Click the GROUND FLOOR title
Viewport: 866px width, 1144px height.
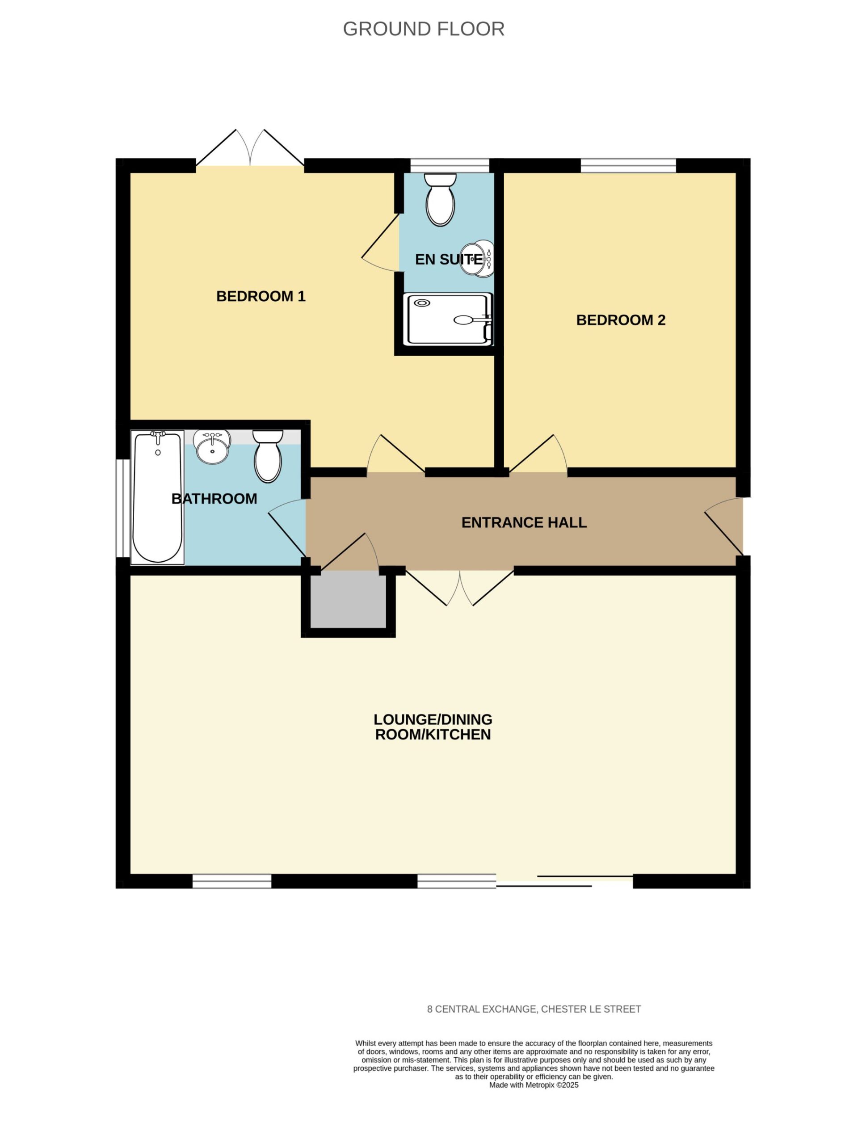(x=424, y=29)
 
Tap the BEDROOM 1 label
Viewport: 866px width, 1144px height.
(x=261, y=296)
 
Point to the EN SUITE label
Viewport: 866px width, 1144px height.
(x=449, y=259)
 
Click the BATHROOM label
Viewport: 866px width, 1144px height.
(x=214, y=499)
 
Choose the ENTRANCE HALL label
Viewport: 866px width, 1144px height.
(x=524, y=522)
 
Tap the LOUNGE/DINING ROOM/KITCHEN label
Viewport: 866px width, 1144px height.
(x=433, y=727)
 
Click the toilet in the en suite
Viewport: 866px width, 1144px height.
(x=440, y=200)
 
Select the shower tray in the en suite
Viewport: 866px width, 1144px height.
(x=448, y=319)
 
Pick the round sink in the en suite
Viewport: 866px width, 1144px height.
(x=477, y=259)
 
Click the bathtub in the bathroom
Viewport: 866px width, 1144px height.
(x=158, y=497)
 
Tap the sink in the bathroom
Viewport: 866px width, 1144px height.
(x=212, y=447)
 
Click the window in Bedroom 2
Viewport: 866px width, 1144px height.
(x=628, y=165)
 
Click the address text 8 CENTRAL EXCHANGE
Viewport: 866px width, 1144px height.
(x=481, y=1009)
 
